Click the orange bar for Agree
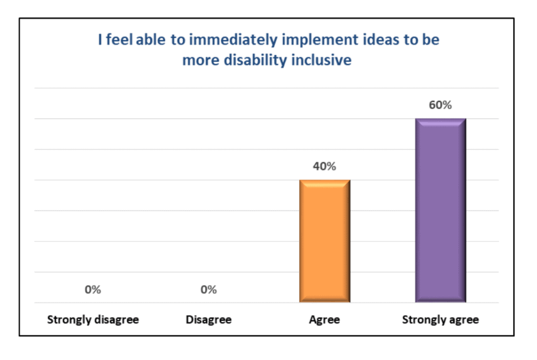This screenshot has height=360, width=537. tap(324, 241)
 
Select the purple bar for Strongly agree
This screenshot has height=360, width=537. tap(440, 210)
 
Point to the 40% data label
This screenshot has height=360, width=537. tap(324, 167)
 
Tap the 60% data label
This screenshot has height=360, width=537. tap(440, 105)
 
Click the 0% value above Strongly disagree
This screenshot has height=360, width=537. tap(93, 290)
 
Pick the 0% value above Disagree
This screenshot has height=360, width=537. tap(208, 290)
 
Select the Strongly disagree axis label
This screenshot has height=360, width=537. tap(93, 320)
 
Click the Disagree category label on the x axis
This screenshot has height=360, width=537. tap(208, 320)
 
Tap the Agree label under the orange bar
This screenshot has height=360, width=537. tap(324, 320)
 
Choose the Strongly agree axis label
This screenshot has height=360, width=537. tap(440, 320)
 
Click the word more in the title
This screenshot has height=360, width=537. tap(198, 60)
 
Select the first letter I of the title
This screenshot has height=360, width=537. tap(100, 41)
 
